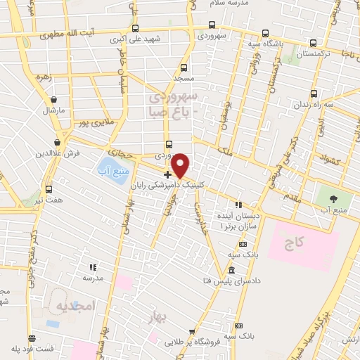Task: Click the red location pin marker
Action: click(x=181, y=165)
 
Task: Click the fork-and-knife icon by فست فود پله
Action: click(x=30, y=337)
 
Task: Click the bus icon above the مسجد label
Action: click(x=184, y=68)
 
